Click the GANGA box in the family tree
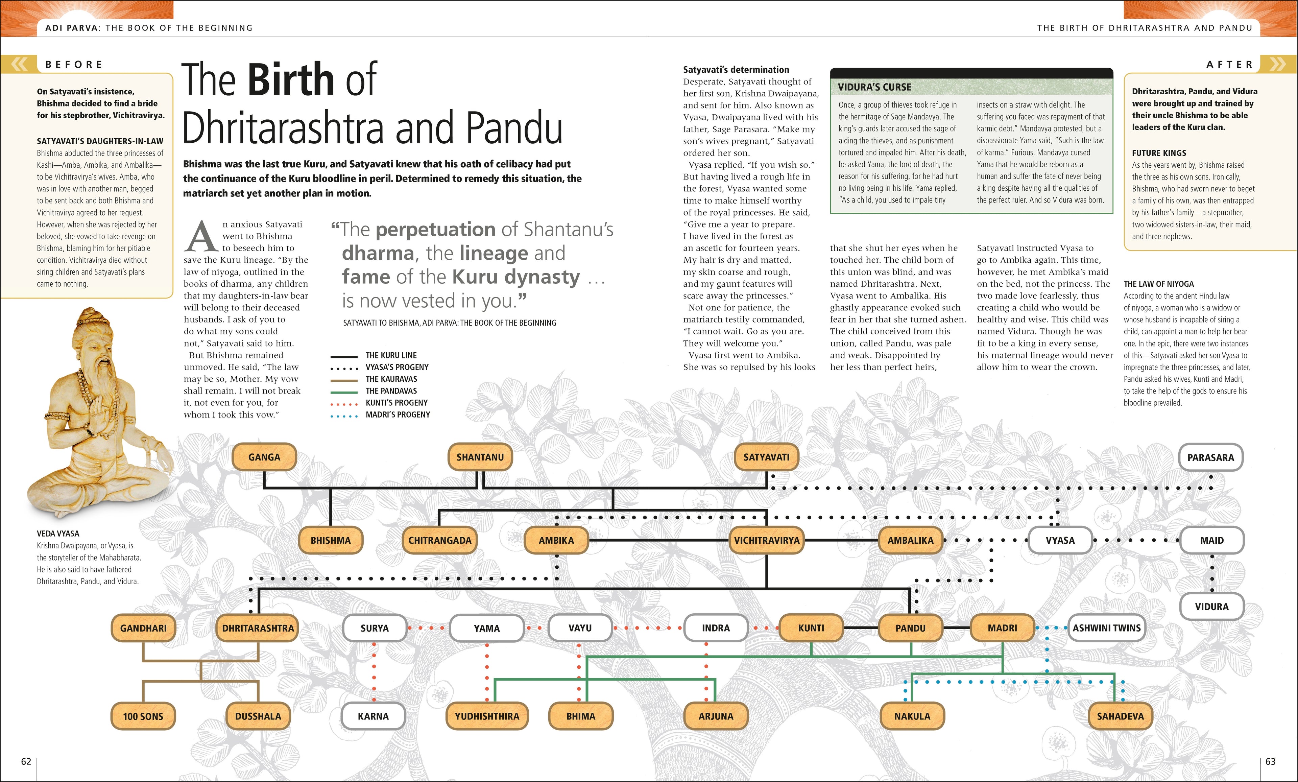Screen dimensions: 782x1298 tap(264, 457)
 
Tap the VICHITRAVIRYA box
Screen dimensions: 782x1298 tap(767, 540)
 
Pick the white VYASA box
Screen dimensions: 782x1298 tap(1060, 540)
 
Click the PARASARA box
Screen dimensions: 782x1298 tap(1210, 457)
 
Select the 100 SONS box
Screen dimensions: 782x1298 tap(143, 716)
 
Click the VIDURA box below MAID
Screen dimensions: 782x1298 tap(1211, 607)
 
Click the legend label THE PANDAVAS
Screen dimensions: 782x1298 tap(391, 391)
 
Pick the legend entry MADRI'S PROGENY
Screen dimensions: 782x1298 tap(398, 415)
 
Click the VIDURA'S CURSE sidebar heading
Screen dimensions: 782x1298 tap(874, 87)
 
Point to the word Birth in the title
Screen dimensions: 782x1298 tap(291, 80)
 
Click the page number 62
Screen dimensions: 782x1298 tap(26, 761)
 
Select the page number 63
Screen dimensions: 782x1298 tap(1271, 761)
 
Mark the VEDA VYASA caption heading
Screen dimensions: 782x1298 tap(58, 533)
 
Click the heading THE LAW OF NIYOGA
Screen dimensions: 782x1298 tap(1159, 284)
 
